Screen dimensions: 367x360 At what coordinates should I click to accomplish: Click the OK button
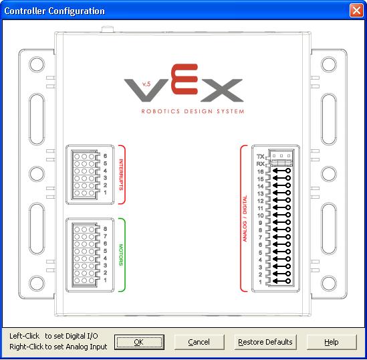pyautogui.click(x=139, y=342)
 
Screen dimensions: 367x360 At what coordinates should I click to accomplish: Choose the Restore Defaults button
pyautogui.click(x=265, y=342)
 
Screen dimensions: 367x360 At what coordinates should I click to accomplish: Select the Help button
pyautogui.click(x=332, y=342)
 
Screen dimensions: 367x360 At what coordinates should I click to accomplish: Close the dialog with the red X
pyautogui.click(x=356, y=11)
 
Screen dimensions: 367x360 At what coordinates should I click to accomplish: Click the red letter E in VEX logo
pyautogui.click(x=185, y=79)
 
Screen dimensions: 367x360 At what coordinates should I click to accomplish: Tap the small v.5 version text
pyautogui.click(x=146, y=84)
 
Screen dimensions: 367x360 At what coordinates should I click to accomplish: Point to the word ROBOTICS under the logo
pyautogui.click(x=160, y=111)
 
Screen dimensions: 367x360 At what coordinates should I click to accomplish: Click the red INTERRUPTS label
pyautogui.click(x=121, y=175)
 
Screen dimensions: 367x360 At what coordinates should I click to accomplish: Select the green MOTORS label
pyautogui.click(x=121, y=255)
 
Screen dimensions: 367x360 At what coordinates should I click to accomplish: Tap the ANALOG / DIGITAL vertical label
pyautogui.click(x=245, y=219)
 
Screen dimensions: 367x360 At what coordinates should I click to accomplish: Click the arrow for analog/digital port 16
pyautogui.click(x=282, y=171)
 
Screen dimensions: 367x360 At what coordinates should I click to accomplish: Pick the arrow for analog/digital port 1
pyautogui.click(x=282, y=281)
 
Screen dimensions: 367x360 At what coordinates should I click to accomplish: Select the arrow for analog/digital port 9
pyautogui.click(x=282, y=222)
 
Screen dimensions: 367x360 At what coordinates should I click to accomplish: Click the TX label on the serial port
pyautogui.click(x=260, y=156)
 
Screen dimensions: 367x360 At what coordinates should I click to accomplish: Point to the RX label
pyautogui.click(x=260, y=164)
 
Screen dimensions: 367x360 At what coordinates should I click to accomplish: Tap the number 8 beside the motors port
pyautogui.click(x=106, y=229)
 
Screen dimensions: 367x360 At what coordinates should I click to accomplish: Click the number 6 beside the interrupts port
pyautogui.click(x=106, y=156)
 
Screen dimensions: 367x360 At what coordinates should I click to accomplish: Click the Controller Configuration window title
pyautogui.click(x=55, y=11)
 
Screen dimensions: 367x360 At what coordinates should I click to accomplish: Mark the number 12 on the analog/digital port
pyautogui.click(x=261, y=201)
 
